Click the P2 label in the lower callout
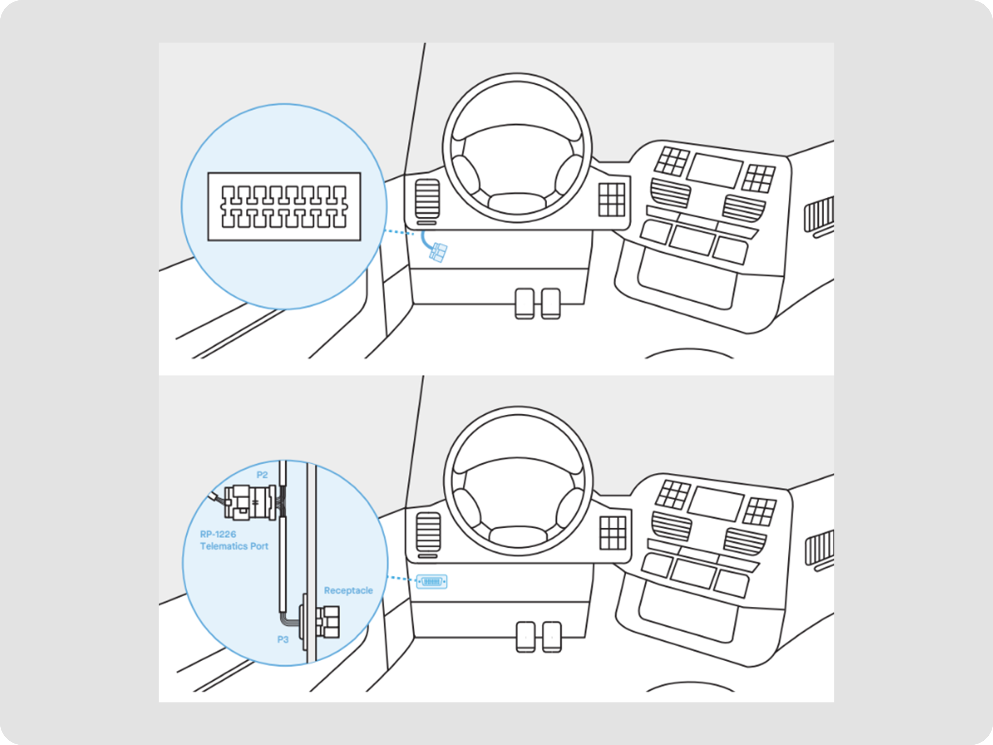[262, 475]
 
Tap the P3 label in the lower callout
[283, 640]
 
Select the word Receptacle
[348, 591]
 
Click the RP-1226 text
[218, 534]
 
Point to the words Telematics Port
[234, 546]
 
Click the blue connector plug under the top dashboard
[438, 252]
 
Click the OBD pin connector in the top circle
[284, 206]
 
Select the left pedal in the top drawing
[524, 304]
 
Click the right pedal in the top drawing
[551, 304]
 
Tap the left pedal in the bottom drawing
[526, 637]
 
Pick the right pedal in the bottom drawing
[552, 637]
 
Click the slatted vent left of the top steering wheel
[427, 199]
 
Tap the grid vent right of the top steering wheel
[611, 199]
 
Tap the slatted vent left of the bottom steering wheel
[429, 532]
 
